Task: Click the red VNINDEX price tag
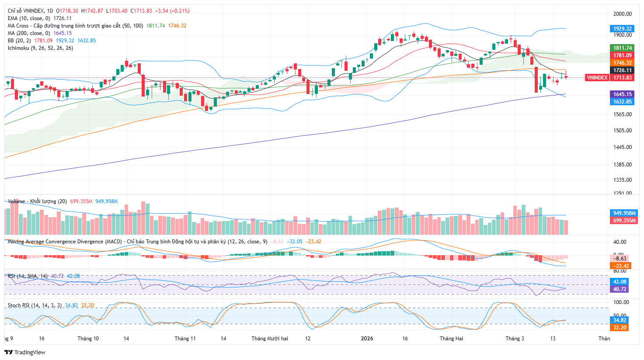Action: coord(597,77)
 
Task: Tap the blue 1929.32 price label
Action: coord(622,29)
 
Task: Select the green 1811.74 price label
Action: coord(622,48)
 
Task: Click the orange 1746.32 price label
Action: coord(622,63)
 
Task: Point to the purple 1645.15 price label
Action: coord(622,94)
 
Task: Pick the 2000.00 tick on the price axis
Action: coord(622,14)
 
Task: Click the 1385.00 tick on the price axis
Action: coord(622,165)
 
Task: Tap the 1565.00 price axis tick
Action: coord(622,114)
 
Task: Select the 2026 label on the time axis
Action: coord(367,339)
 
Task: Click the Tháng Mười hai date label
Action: coord(270,339)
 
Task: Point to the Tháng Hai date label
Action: coord(451,339)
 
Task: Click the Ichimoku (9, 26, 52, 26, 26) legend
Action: coord(40,48)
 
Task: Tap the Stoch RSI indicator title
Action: coord(35,305)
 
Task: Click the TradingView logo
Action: coord(25,352)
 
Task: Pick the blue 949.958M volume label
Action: coord(624,213)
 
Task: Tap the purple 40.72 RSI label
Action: coord(620,289)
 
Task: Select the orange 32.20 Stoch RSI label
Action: coord(620,328)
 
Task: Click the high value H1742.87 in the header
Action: coord(92,11)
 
